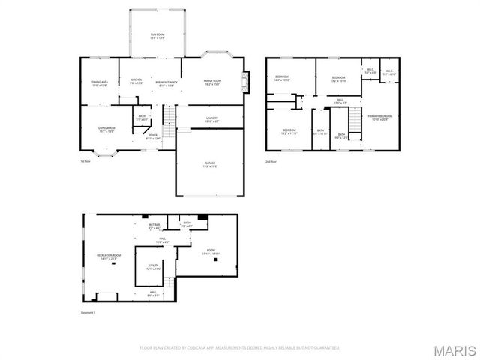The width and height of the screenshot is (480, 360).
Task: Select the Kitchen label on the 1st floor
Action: coord(136,81)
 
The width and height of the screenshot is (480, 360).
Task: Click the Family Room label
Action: coord(213,81)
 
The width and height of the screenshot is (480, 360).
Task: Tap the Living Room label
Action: coord(106,129)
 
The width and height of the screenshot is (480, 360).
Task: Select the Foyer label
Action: coord(152,136)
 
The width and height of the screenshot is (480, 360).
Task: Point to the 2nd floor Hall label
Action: coord(340,100)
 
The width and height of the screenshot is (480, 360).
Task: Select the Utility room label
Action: coord(153,267)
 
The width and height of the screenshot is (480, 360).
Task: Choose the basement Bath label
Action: coord(186,223)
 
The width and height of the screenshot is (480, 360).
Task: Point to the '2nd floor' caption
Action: coord(271,161)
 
